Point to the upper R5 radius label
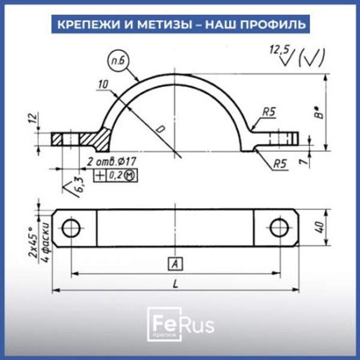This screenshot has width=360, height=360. (x=268, y=111)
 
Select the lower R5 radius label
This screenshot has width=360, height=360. (x=280, y=163)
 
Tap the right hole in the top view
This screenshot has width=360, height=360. (x=278, y=227)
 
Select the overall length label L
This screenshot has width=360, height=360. (x=175, y=284)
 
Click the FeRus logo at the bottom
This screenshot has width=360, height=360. (x=179, y=325)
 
